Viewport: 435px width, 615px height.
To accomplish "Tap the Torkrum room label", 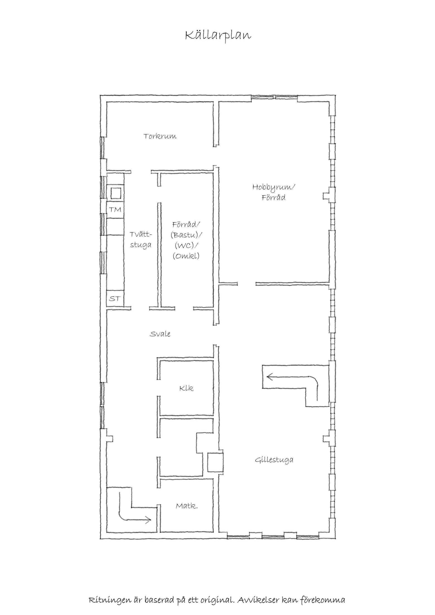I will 160,136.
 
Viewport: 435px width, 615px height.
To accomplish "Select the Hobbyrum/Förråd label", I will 273,192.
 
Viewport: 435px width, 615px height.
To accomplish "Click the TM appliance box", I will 115,210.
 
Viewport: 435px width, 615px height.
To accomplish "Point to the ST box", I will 115,298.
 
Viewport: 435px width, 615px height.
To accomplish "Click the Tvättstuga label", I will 141,239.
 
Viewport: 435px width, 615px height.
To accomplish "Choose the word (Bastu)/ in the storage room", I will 186,235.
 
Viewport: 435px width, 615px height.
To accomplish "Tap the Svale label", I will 160,334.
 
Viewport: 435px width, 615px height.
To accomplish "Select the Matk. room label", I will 187,506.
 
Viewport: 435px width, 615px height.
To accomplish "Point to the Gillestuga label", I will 274,460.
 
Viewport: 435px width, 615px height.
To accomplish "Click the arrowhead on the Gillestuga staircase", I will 268,377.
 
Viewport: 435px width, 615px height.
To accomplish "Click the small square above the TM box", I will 116,193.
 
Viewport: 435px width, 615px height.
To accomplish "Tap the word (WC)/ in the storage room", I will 186,246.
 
